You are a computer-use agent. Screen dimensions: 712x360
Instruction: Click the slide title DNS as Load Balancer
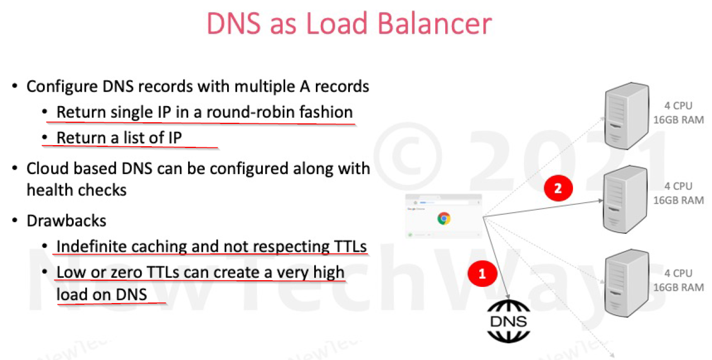pyautogui.click(x=349, y=25)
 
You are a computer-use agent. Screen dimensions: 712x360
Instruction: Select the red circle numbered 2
pyautogui.click(x=557, y=188)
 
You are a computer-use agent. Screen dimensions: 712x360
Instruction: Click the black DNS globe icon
pyautogui.click(x=508, y=321)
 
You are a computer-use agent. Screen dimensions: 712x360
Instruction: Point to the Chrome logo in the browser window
pyautogui.click(x=444, y=218)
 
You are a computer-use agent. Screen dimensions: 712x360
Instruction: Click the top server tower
pyautogui.click(x=627, y=116)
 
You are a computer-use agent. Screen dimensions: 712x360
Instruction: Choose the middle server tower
pyautogui.click(x=627, y=199)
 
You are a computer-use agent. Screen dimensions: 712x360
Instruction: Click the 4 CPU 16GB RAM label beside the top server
pyautogui.click(x=679, y=112)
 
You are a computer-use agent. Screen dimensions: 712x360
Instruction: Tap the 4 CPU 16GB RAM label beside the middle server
pyautogui.click(x=679, y=193)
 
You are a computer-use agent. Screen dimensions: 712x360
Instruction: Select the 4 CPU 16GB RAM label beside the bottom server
pyautogui.click(x=679, y=280)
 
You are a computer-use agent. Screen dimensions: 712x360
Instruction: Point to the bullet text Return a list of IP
pyautogui.click(x=119, y=137)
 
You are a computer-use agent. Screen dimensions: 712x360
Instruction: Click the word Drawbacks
pyautogui.click(x=66, y=220)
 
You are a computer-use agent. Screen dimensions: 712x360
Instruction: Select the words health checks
pyautogui.click(x=76, y=190)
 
